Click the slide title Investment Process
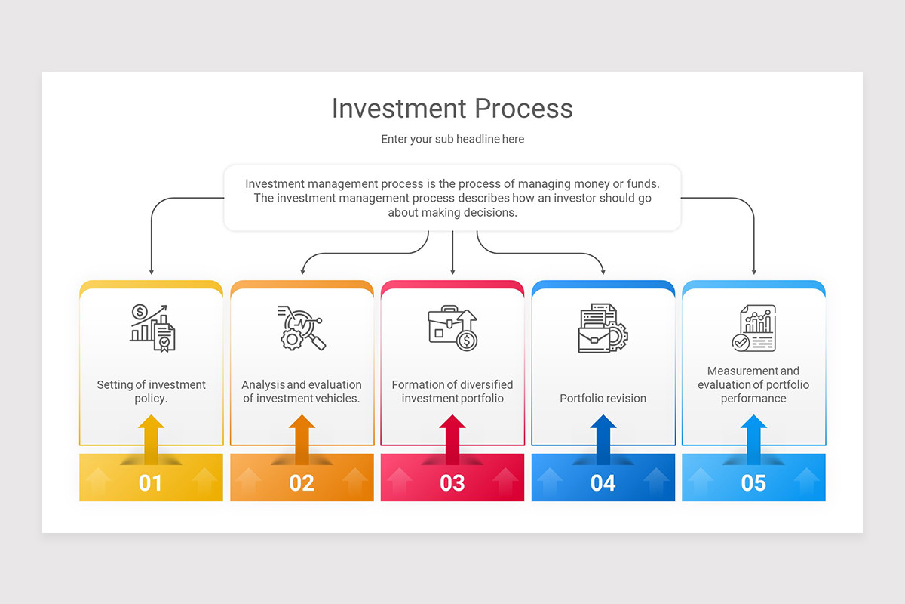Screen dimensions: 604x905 (x=452, y=109)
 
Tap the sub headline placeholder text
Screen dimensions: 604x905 (x=452, y=140)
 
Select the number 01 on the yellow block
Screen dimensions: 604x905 (x=151, y=482)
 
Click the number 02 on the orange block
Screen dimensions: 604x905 (x=302, y=482)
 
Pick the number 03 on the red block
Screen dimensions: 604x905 (x=452, y=482)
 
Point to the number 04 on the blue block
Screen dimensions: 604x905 (x=603, y=482)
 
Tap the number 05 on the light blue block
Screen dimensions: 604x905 (x=754, y=482)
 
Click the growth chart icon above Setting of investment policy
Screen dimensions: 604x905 (x=152, y=328)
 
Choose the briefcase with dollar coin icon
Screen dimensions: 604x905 (x=452, y=328)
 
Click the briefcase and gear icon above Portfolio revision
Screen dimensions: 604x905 (x=603, y=328)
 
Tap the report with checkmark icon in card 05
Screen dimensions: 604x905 (x=753, y=328)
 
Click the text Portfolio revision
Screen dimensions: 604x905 (x=603, y=399)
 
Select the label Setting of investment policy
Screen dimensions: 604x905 (x=151, y=391)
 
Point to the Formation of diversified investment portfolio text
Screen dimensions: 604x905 (x=452, y=391)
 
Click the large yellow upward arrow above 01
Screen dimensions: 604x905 (x=151, y=439)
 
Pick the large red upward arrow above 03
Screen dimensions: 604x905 (x=452, y=439)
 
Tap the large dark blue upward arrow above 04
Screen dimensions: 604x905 (x=603, y=439)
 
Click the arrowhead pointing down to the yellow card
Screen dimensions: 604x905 (x=151, y=271)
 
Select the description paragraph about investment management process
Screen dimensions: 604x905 (x=452, y=198)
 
